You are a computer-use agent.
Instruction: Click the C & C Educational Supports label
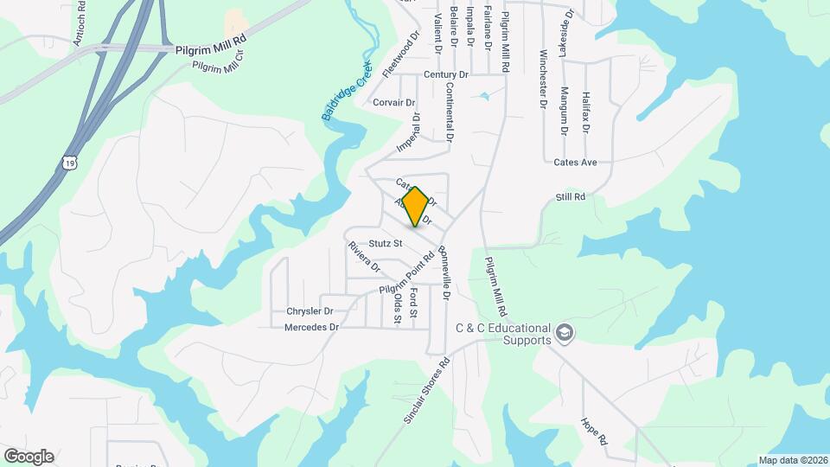503,334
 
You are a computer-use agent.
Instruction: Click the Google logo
29,457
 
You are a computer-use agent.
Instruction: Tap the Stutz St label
386,244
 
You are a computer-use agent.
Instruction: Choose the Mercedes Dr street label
311,327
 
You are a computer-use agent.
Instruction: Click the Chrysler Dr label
310,310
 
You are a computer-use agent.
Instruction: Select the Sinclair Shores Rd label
427,390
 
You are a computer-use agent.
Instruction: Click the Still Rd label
571,197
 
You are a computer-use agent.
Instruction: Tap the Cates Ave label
576,163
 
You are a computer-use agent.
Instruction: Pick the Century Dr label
446,75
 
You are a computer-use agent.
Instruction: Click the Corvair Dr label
393,102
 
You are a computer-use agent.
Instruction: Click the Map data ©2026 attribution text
792,460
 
